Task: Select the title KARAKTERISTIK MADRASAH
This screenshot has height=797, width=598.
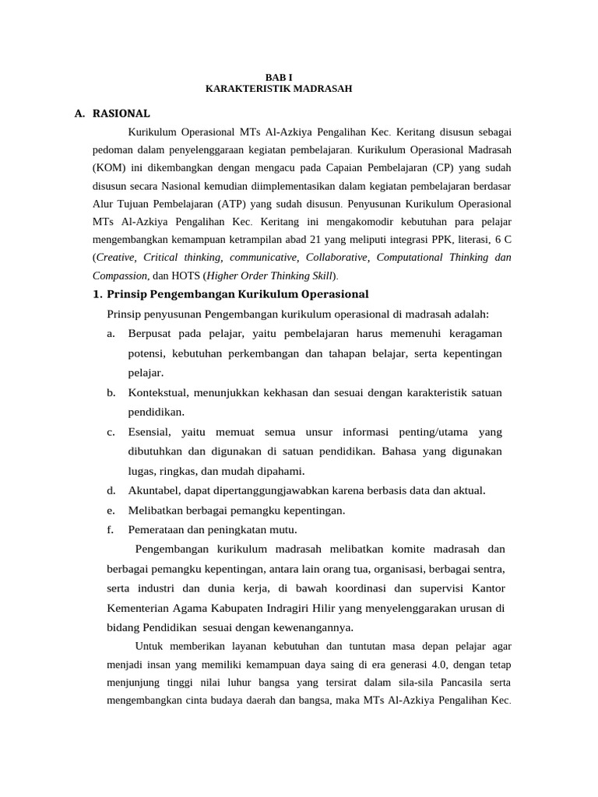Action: click(x=279, y=89)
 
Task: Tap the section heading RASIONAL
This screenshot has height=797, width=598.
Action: click(x=121, y=114)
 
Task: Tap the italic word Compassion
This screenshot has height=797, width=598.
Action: click(x=120, y=276)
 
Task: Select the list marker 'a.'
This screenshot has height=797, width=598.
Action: click(x=111, y=334)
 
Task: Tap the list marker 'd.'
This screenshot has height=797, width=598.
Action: click(x=111, y=490)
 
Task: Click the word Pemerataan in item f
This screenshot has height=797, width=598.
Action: click(x=157, y=530)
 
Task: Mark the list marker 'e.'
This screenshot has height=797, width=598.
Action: click(x=111, y=511)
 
